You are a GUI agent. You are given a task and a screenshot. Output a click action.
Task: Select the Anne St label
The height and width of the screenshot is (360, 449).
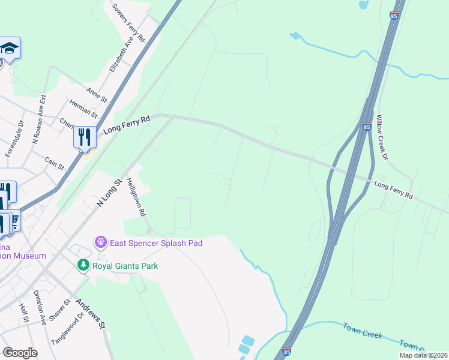(96, 94)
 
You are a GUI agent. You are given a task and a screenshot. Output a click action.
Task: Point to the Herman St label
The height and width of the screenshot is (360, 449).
(83, 109)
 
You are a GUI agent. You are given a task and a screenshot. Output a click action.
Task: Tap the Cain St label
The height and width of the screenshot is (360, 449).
(54, 163)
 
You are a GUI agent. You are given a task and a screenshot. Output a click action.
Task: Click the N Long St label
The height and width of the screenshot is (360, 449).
(109, 193)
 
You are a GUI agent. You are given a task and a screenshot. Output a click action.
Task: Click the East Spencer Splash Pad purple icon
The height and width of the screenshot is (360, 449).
(101, 243)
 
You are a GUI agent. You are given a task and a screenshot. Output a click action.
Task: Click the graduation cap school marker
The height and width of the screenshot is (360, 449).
(10, 48)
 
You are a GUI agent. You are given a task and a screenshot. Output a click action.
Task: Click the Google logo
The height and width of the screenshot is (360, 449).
(20, 352)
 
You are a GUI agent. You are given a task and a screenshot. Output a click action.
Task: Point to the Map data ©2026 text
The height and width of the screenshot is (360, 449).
(423, 355)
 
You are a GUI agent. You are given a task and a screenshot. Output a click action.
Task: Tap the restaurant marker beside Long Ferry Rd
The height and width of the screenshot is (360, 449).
(85, 137)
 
